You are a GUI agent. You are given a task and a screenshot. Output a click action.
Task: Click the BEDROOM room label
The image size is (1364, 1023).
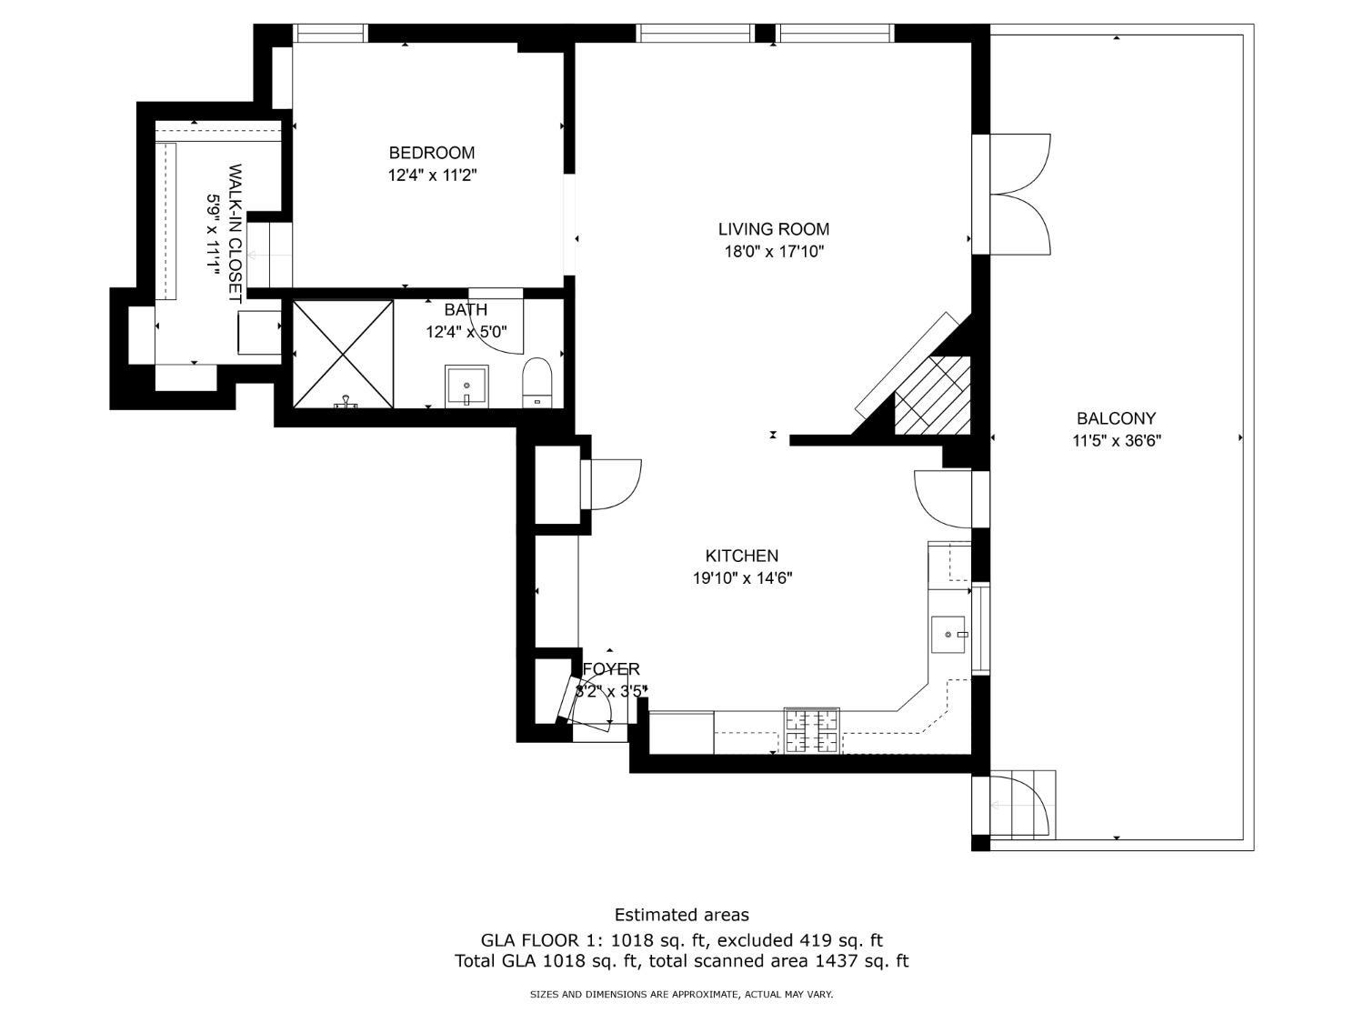(x=432, y=153)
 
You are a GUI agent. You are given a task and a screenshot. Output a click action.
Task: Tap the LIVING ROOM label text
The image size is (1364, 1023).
(x=773, y=229)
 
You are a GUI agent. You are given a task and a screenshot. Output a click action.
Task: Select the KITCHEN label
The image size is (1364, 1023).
(x=741, y=556)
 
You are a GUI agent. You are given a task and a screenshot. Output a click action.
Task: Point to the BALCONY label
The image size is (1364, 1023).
(x=1116, y=418)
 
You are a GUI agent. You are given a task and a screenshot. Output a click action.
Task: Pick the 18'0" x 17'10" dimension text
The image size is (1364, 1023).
(x=773, y=252)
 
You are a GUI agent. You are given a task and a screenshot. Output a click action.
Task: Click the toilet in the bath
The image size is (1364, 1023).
(x=537, y=381)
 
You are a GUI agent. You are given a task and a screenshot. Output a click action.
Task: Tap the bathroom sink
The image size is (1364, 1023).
(x=466, y=386)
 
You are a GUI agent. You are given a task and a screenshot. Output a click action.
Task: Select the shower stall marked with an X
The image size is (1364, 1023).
(x=343, y=354)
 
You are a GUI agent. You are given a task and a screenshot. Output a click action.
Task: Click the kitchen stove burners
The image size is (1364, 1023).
(x=812, y=730)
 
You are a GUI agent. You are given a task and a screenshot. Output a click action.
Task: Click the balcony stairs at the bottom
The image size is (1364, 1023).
(x=1023, y=805)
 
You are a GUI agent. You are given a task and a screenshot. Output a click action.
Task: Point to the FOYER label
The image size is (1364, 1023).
(x=610, y=669)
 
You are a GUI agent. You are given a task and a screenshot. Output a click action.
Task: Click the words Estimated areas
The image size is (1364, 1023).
(x=681, y=915)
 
